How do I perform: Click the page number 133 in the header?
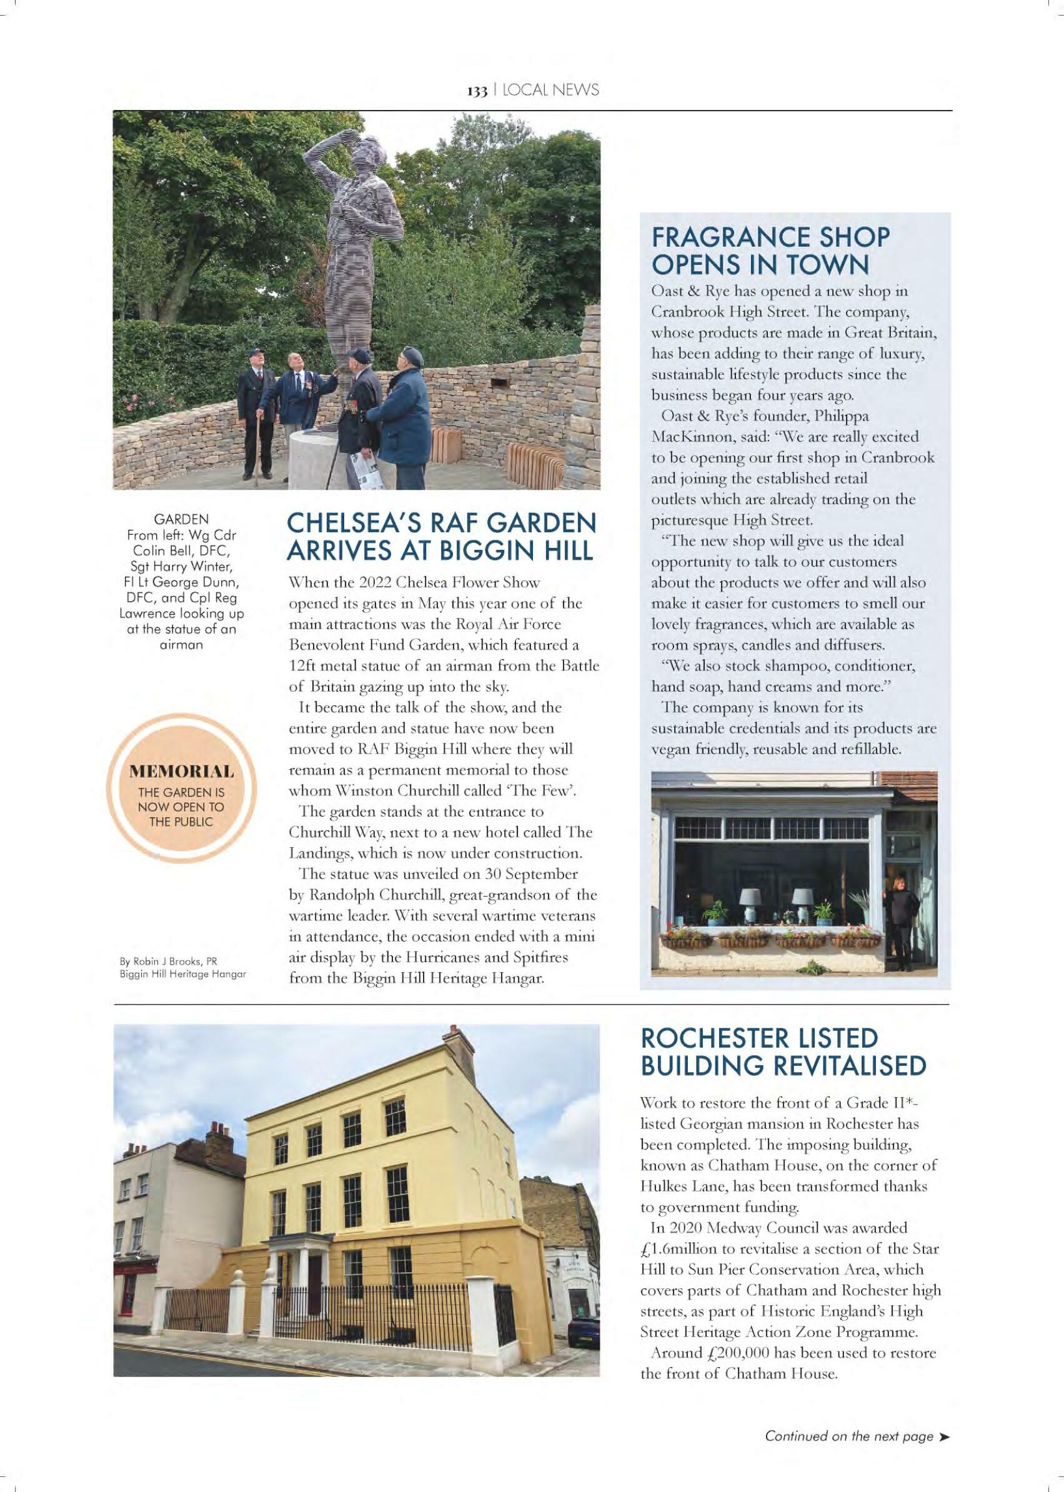coord(477,91)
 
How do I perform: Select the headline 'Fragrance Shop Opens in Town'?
coord(770,251)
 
